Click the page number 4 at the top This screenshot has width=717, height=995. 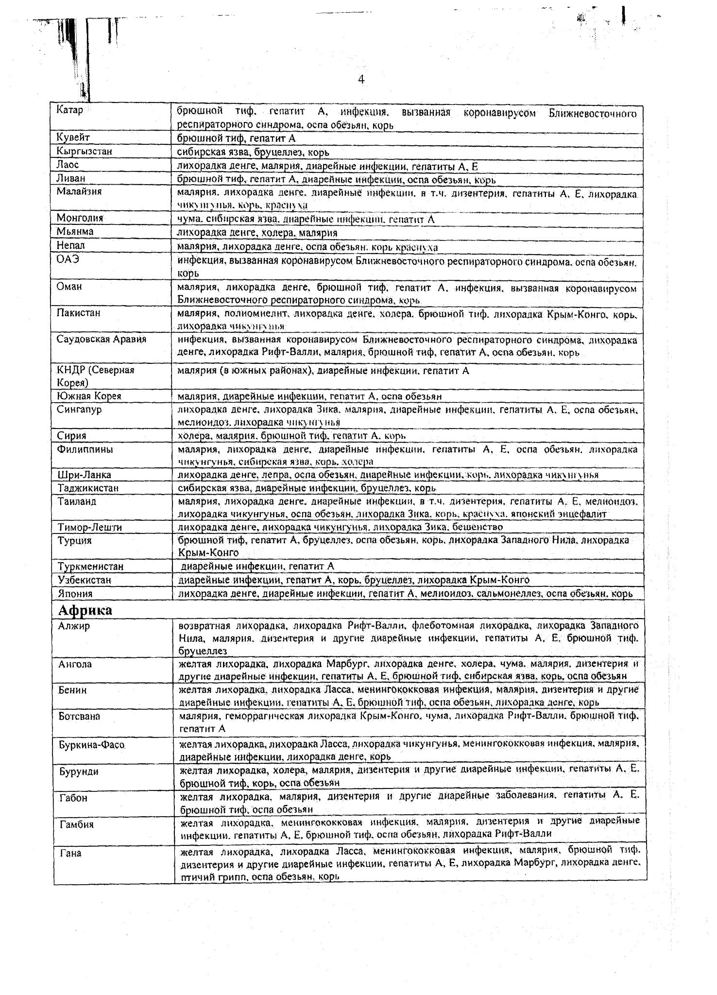[361, 80]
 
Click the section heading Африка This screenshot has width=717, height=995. [85, 610]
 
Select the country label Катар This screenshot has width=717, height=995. [69, 110]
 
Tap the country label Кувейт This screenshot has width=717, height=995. [73, 138]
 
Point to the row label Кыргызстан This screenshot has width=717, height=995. [84, 152]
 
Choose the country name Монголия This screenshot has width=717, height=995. [80, 218]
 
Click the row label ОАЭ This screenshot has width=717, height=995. [68, 259]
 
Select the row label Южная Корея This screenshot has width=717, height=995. [89, 396]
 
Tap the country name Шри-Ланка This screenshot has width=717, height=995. [85, 475]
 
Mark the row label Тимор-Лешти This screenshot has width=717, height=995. [89, 527]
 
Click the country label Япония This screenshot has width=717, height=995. [75, 594]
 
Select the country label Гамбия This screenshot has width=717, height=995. [76, 824]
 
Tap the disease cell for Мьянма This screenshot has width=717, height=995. [257, 233]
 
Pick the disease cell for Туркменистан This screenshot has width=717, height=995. [257, 566]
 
